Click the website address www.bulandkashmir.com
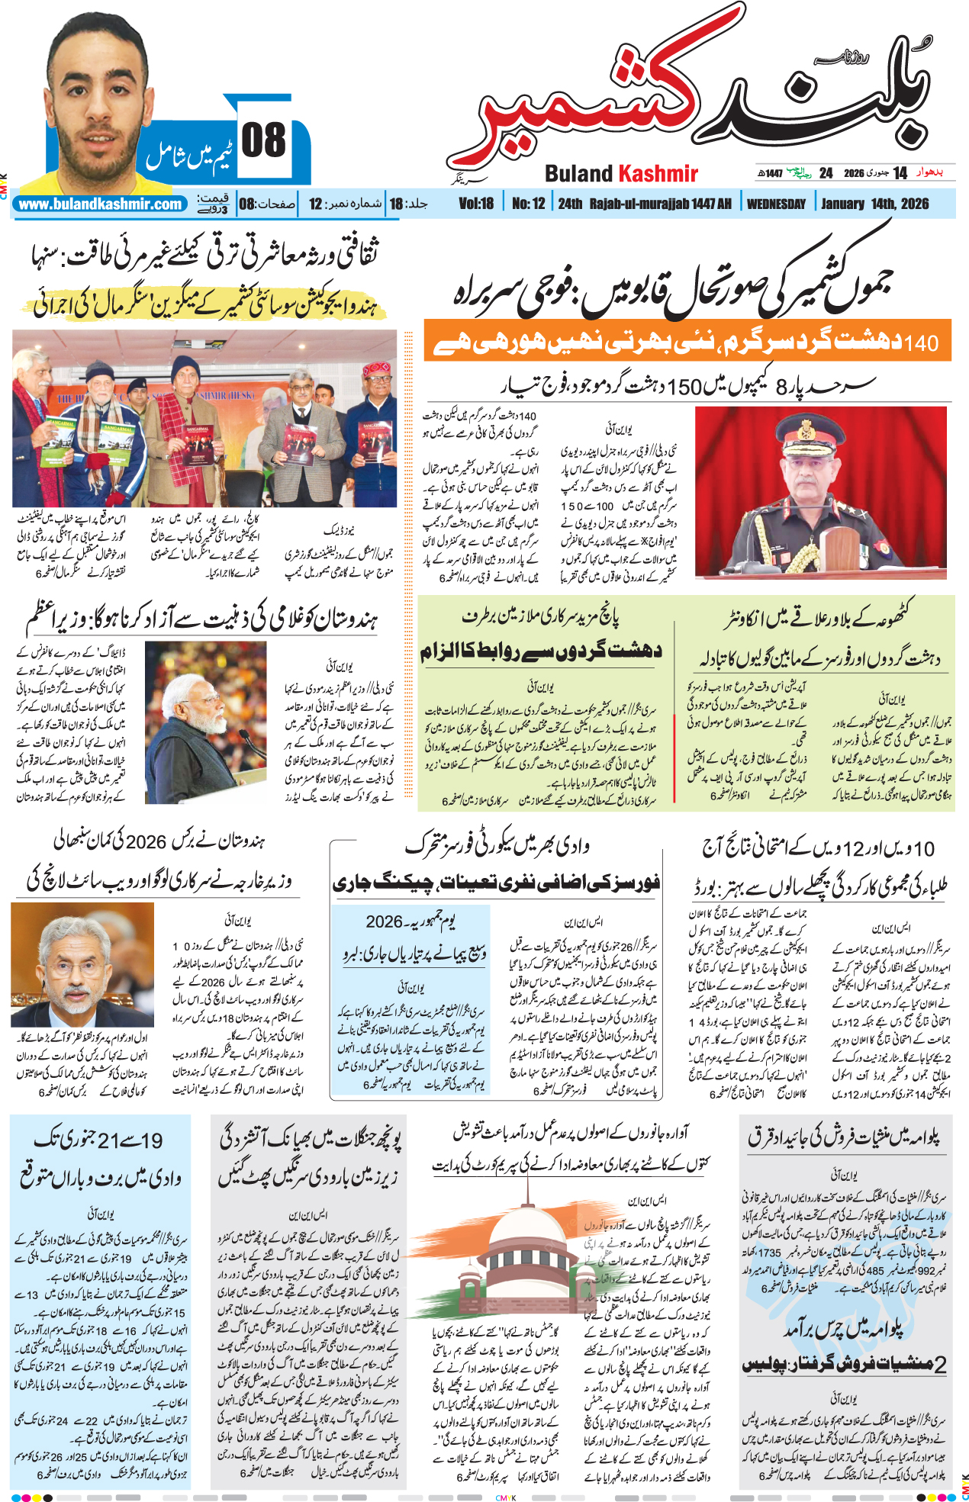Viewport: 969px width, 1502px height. pos(100,204)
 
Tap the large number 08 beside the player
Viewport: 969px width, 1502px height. pos(263,141)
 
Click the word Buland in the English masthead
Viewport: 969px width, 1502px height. pos(579,174)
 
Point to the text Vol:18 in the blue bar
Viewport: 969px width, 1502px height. pos(476,204)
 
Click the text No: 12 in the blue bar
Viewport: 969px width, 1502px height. pos(528,204)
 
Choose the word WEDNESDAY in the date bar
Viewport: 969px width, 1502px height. pos(776,204)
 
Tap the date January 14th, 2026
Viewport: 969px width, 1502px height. pos(874,204)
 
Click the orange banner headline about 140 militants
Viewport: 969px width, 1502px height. pos(687,340)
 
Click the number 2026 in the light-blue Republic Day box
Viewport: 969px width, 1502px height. pos(384,921)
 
